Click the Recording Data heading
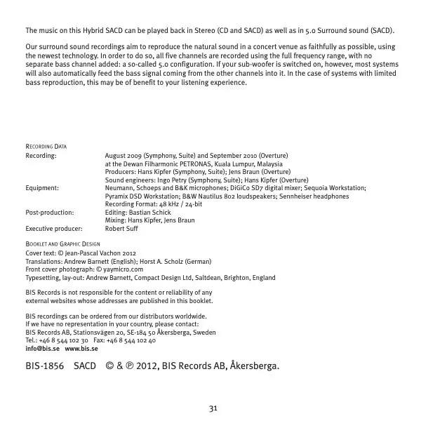46,147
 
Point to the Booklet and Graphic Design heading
68,243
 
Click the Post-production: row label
49,213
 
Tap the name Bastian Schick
149,213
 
